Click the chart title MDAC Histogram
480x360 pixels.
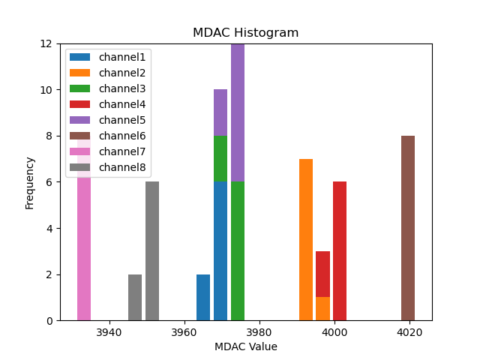point(245,33)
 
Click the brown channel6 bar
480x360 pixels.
point(408,228)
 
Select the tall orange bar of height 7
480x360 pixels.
point(306,240)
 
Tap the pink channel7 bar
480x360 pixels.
point(84,247)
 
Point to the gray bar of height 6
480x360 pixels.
point(152,251)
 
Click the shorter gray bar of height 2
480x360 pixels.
point(135,298)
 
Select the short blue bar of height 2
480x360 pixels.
point(203,298)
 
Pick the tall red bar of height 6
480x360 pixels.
point(340,251)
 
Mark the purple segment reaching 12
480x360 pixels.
point(238,112)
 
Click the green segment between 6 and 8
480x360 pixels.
point(220,159)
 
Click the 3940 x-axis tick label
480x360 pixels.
point(109,332)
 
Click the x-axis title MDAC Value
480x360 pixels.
point(245,346)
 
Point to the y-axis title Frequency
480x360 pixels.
point(30,182)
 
